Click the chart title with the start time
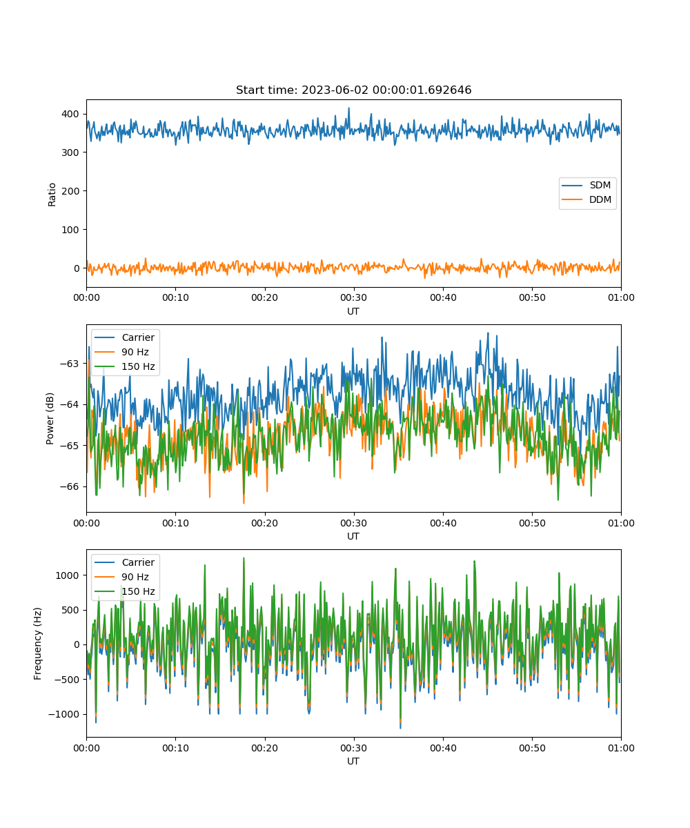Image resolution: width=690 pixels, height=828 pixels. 353,90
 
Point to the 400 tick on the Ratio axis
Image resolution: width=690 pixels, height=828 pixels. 70,115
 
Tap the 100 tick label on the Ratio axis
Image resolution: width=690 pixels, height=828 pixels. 70,230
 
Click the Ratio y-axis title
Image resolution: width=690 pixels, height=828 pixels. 52,195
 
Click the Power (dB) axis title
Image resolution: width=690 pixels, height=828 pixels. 50,418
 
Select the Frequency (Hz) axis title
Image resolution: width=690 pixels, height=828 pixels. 37,644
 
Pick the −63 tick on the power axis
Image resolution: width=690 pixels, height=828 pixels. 70,364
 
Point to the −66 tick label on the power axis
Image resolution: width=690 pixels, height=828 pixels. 70,486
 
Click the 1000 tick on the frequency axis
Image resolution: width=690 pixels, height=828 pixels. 67,575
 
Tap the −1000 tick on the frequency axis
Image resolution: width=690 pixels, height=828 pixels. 64,714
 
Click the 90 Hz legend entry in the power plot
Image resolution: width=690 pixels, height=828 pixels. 121,352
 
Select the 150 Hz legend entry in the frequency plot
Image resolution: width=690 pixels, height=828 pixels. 124,591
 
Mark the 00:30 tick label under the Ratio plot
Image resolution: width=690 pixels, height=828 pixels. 354,298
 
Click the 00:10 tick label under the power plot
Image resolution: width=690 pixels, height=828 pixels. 175,523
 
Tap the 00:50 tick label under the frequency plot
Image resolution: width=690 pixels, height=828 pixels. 532,748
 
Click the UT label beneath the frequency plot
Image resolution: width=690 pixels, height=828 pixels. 353,761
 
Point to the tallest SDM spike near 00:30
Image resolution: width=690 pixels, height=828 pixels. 349,108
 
